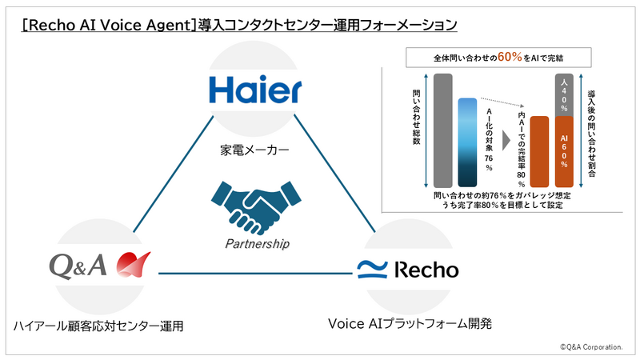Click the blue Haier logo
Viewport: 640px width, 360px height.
[255, 90]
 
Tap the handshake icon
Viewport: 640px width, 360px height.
[256, 207]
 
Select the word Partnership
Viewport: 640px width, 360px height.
[257, 244]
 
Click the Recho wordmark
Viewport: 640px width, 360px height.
[426, 270]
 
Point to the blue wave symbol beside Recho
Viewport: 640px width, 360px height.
[372, 270]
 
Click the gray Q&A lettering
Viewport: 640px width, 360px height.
[78, 266]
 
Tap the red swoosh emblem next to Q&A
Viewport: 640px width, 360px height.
[133, 265]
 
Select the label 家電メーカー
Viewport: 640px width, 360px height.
[254, 150]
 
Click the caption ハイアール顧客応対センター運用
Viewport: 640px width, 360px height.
[98, 326]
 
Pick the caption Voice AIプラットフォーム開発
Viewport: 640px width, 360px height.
[410, 324]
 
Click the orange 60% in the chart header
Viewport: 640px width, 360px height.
[510, 57]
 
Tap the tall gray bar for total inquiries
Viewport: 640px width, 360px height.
[443, 130]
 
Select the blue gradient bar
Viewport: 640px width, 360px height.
[467, 142]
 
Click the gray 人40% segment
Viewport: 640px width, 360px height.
[564, 95]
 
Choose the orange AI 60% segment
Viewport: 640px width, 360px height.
[564, 152]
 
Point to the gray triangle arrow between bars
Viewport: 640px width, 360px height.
[506, 141]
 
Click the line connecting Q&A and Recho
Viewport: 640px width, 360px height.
[255, 273]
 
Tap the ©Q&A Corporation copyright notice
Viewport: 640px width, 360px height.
[591, 347]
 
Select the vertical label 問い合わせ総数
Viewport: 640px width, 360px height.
[416, 117]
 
